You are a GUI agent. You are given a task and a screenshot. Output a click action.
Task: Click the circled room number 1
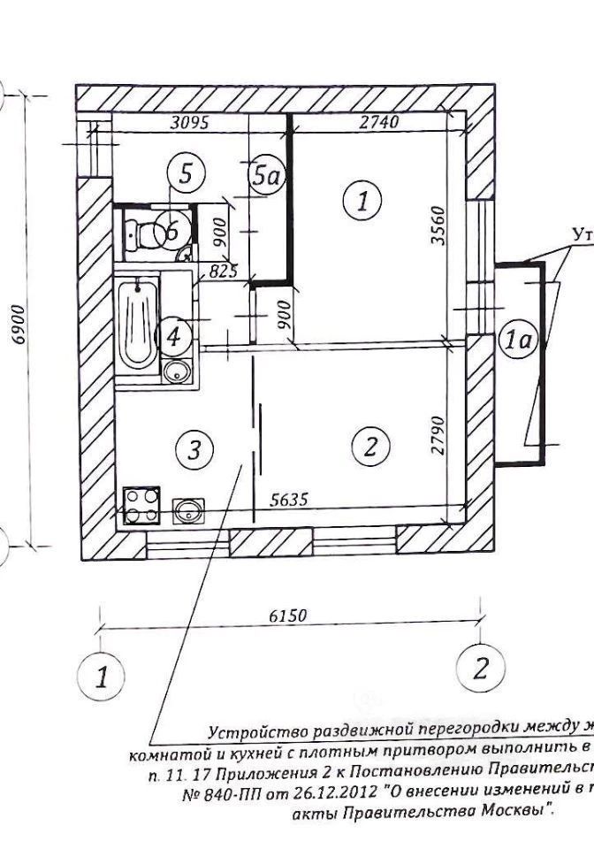point(362,200)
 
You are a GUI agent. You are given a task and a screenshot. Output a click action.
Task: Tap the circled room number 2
point(371,447)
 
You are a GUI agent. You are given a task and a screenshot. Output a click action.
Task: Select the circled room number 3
point(194,451)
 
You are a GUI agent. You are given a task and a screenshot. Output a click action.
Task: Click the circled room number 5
point(186,173)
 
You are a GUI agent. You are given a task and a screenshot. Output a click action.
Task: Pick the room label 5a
point(266,175)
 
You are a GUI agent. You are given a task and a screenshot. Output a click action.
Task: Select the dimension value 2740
point(379,123)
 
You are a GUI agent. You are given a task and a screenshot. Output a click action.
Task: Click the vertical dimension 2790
point(439,435)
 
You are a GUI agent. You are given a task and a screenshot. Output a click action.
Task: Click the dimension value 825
point(223,271)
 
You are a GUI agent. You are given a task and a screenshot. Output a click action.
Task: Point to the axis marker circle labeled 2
point(480,668)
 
